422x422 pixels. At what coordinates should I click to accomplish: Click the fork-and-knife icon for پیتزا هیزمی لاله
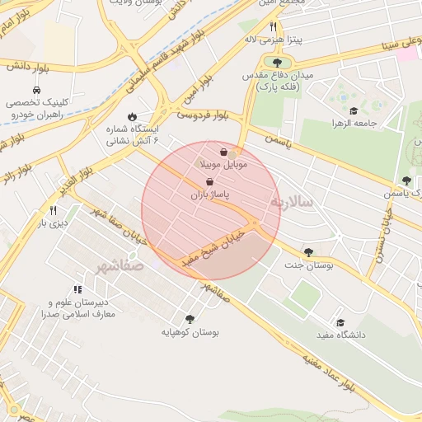pyautogui.click(x=273, y=27)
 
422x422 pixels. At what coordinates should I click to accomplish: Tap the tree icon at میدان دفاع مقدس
pyautogui.click(x=276, y=63)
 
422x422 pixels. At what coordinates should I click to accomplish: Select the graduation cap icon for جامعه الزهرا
pyautogui.click(x=354, y=111)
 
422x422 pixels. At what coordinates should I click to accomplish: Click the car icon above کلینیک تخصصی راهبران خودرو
pyautogui.click(x=37, y=90)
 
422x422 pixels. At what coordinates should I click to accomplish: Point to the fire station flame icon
pyautogui.click(x=131, y=117)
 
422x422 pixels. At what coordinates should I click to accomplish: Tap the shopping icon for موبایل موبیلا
pyautogui.click(x=224, y=152)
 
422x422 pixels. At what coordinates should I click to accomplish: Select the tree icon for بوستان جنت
pyautogui.click(x=308, y=253)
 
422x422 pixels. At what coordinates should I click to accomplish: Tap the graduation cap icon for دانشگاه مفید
pyautogui.click(x=340, y=322)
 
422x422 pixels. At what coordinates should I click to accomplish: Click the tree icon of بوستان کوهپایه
pyautogui.click(x=190, y=319)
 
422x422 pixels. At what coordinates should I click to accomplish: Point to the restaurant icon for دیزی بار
pyautogui.click(x=54, y=210)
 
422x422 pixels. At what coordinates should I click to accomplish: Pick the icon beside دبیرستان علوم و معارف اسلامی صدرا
pyautogui.click(x=78, y=289)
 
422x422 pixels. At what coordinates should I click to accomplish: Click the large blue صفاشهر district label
pyautogui.click(x=119, y=266)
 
